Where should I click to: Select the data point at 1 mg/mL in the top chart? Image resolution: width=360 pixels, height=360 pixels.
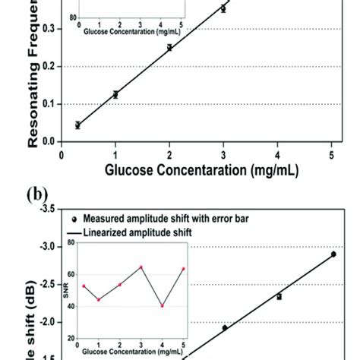point(115,95)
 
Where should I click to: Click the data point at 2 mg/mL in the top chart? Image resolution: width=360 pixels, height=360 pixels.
point(169,47)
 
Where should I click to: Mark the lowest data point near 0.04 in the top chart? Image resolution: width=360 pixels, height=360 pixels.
point(77,125)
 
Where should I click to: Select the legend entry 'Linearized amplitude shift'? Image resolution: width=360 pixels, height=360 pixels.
point(144,232)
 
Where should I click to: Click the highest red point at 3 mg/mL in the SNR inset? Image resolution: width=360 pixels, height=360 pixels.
point(141,267)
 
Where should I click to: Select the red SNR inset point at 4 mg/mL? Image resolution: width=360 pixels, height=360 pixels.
point(163,305)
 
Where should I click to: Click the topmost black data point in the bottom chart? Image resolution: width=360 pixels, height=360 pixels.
point(333,254)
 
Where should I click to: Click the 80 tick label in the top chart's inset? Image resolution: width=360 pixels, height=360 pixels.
point(72,15)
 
